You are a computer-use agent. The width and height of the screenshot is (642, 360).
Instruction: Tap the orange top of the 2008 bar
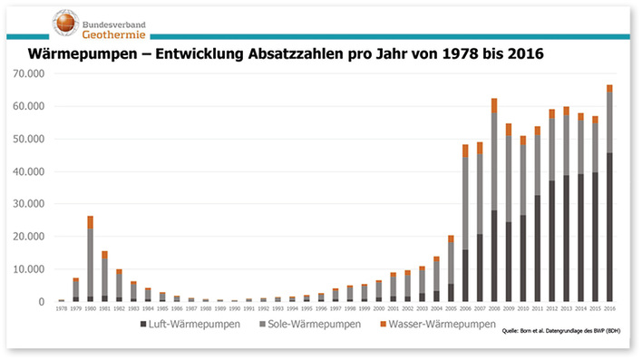(494, 105)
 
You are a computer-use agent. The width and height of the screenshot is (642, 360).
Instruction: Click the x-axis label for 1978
(61, 308)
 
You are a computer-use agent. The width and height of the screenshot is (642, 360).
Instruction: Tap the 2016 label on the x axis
(609, 308)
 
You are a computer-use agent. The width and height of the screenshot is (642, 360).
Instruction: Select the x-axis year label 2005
(451, 308)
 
